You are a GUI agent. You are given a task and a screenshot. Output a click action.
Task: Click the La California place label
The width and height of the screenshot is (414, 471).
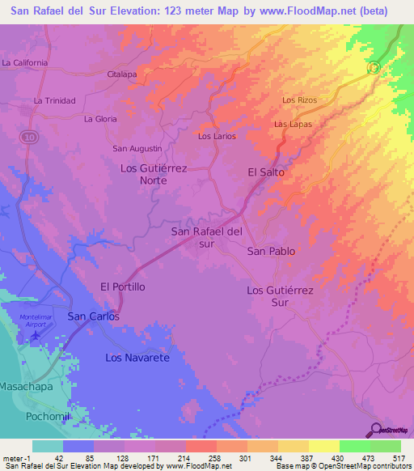pos(25,62)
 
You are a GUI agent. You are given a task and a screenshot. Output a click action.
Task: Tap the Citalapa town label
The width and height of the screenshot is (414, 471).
pos(122,74)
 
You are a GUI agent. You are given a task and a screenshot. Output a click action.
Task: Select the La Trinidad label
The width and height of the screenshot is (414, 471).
pos(54,100)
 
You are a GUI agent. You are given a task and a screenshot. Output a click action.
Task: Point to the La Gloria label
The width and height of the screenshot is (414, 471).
pos(100,119)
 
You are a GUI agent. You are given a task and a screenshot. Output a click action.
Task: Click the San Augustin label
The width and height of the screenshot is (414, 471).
pos(137,148)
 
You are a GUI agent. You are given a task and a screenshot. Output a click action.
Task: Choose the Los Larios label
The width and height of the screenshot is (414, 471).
pos(217,136)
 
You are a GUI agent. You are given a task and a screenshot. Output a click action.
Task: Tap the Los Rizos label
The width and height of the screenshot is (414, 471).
pos(298,100)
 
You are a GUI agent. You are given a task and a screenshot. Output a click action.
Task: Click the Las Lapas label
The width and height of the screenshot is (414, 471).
pos(293,124)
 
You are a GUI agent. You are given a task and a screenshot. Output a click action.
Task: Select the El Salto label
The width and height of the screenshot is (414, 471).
pos(266,172)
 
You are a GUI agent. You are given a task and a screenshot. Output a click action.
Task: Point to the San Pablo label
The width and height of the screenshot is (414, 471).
pos(271,251)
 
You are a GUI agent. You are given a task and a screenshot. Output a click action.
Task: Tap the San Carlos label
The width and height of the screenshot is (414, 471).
pos(93,316)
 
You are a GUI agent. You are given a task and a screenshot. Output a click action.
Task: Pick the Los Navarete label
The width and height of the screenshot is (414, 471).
pos(137,357)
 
